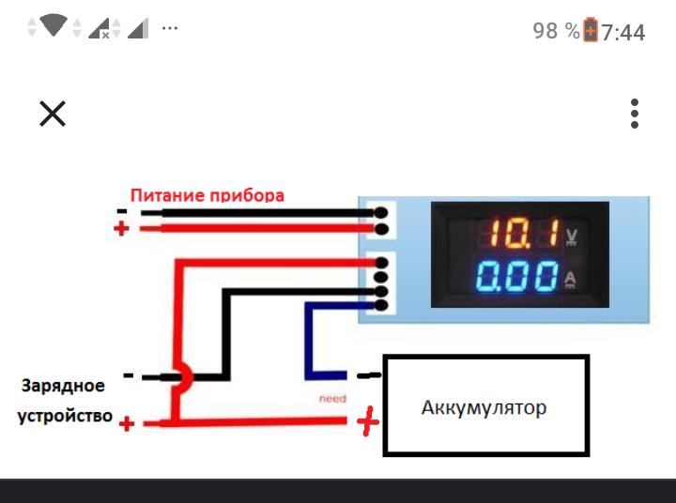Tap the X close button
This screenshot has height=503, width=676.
pos(53,114)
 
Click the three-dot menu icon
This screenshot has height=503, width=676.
pos(636,114)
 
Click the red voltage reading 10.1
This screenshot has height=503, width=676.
pos(517,233)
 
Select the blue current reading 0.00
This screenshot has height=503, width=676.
pos(517,278)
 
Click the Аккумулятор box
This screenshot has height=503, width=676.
pos(485,405)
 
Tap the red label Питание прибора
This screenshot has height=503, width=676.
pos(207,196)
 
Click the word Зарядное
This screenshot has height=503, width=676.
pos(63,386)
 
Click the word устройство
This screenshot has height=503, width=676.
pos(65,415)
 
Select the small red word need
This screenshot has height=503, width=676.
pos(332,398)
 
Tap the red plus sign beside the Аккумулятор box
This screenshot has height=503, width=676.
pos(368,422)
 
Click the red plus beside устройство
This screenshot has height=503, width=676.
pos(127,424)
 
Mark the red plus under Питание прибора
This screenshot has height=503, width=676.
pos(120,229)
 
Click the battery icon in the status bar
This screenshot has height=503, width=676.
pos(591,30)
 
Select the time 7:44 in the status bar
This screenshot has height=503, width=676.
pos(623,32)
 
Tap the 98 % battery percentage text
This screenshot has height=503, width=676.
pos(556,31)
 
